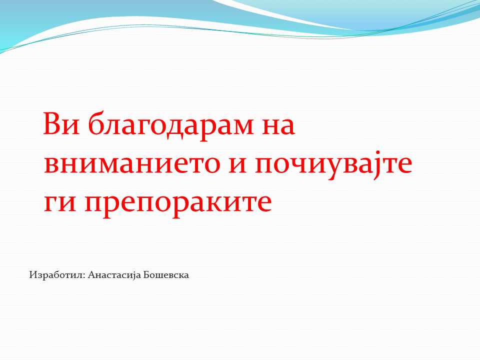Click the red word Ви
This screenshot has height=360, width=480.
pos(61,123)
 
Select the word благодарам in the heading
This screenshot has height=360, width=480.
pos(171,126)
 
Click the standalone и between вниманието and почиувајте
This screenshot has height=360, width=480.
pos(237,165)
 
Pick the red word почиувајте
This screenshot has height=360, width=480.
pos(333,165)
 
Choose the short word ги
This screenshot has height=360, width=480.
pos(60,203)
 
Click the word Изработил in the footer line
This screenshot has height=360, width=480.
pos(56,275)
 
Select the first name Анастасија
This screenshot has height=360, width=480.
pos(114,275)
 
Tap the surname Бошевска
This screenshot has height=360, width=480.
pos(166,275)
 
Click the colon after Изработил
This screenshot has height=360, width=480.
pos(85,276)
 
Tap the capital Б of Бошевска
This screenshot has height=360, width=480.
pos(146,275)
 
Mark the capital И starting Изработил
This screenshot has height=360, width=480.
pos(33,275)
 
